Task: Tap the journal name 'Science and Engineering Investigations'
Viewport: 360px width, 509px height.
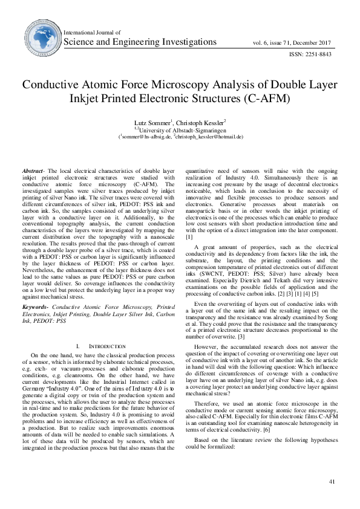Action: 140,42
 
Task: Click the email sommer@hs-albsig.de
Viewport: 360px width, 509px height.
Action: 146,137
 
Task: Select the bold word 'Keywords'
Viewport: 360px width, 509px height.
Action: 35,308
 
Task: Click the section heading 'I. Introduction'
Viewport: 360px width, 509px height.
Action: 102,346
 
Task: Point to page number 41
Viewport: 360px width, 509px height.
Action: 332,481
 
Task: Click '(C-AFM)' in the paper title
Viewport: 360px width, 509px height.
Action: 266,97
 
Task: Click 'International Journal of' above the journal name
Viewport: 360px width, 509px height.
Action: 92,32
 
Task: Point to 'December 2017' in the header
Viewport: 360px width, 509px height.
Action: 315,43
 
